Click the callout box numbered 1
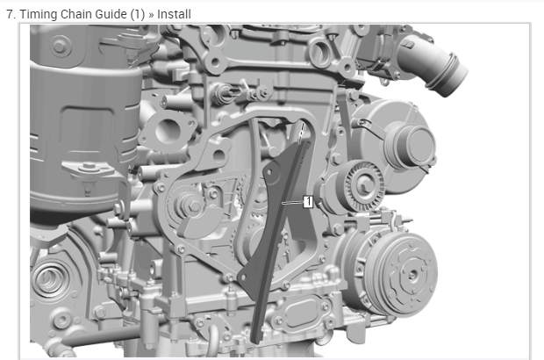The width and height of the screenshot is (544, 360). point(308,202)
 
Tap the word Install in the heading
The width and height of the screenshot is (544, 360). point(174,14)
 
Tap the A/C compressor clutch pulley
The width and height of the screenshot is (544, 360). point(405,274)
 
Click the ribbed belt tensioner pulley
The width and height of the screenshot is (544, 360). point(363,186)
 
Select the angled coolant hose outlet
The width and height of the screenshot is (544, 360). point(433,68)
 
